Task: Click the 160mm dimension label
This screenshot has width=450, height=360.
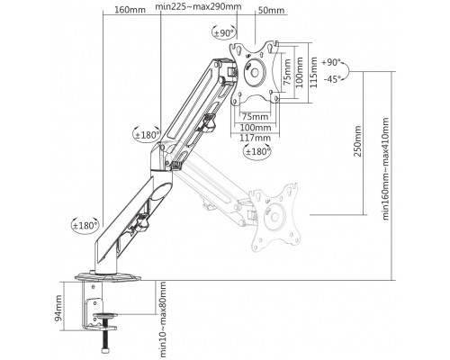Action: coord(129,11)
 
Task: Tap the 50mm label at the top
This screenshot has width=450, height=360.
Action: coord(270,11)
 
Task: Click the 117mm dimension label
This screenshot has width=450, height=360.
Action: coord(256,138)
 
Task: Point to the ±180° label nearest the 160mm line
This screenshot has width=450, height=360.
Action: coord(147,136)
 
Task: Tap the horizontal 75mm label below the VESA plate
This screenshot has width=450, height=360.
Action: coord(256,116)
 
